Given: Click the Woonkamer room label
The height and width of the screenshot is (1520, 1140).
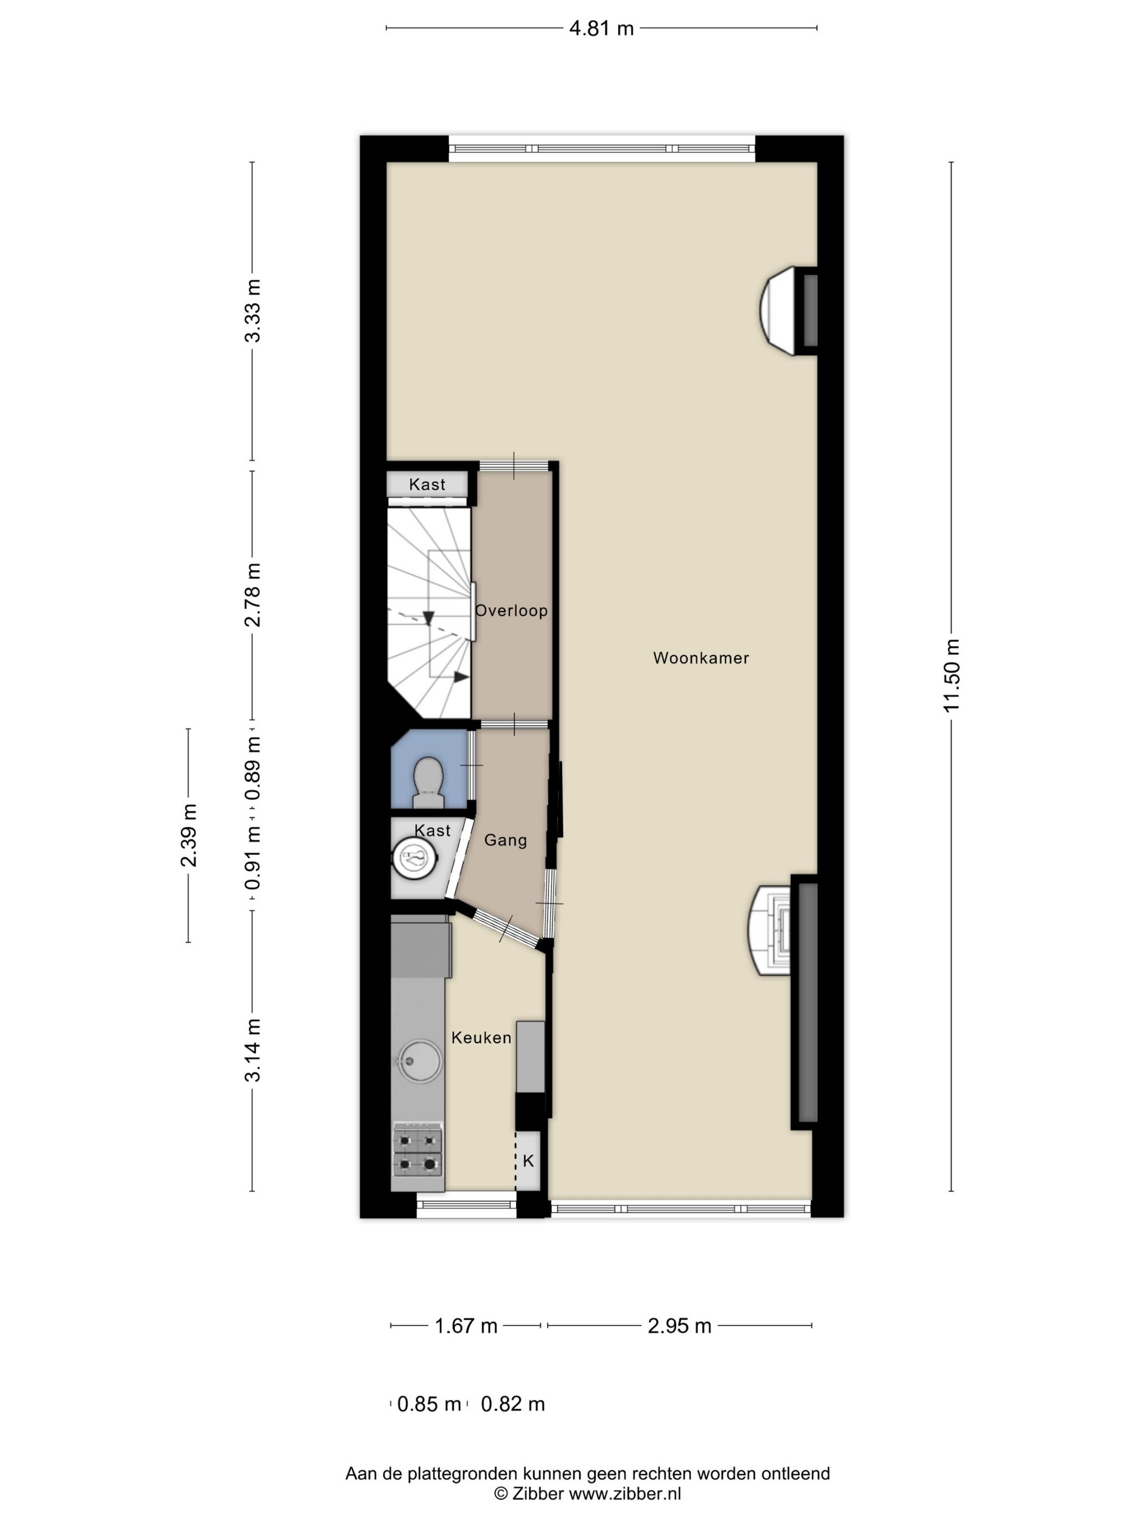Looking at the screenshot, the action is point(700,657).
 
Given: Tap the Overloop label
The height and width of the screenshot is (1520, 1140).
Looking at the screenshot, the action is point(511,610).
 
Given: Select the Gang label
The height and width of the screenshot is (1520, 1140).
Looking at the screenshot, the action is point(505,840).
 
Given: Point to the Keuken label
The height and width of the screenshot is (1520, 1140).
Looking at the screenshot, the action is point(481,1037).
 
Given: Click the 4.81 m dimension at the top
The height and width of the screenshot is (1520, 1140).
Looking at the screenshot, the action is point(601,28).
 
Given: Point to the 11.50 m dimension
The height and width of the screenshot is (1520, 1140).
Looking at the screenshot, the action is point(951,675).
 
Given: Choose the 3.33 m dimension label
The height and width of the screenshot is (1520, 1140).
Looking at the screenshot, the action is point(253,311).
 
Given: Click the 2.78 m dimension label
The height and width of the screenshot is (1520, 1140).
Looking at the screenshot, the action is point(253,594).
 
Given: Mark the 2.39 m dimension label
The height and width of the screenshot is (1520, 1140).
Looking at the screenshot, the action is point(188,835).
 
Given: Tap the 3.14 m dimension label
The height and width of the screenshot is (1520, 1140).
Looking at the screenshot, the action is point(253,1050).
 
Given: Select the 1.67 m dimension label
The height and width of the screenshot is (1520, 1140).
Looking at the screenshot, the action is point(466,1326).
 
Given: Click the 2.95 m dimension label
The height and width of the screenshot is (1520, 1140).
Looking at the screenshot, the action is point(679,1326).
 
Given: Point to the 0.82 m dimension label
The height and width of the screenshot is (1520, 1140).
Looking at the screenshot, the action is point(512,1404).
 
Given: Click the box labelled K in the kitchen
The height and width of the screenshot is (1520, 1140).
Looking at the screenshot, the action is point(528,1161).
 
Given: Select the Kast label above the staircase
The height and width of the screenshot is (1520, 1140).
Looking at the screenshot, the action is point(427,484).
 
